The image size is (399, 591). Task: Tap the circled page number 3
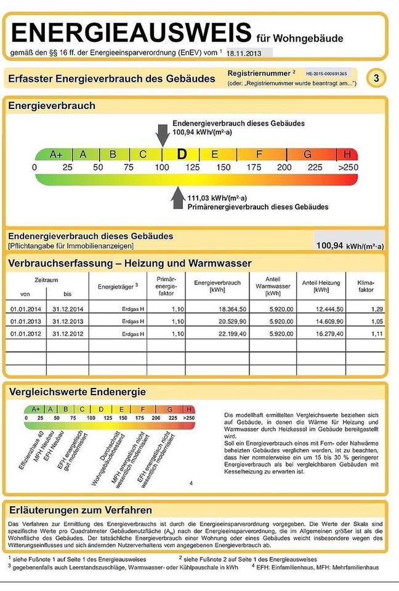[x=376, y=78]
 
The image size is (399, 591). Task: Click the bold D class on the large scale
[x=181, y=154]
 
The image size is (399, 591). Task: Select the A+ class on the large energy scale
[x=56, y=154]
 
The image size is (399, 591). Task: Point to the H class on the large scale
[x=347, y=154]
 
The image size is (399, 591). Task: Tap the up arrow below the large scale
[x=178, y=197]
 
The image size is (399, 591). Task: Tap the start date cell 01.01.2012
[x=25, y=334]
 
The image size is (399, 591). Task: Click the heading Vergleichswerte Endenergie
[x=76, y=392]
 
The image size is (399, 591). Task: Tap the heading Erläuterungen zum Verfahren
[x=80, y=510]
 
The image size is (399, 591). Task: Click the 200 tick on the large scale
[x=284, y=167]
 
